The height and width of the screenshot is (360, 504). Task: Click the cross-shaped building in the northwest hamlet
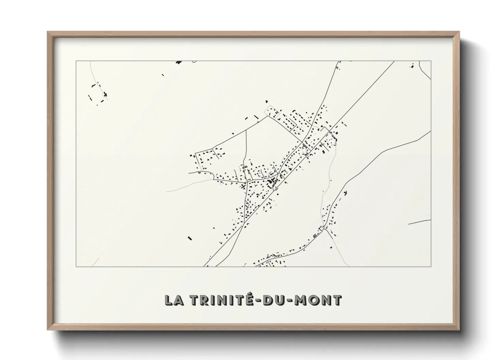point(106,94)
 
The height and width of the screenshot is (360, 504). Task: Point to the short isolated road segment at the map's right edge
point(419,222)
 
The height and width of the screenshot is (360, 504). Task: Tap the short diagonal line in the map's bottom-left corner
point(95,262)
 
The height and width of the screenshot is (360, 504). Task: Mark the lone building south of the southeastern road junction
point(331,248)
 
